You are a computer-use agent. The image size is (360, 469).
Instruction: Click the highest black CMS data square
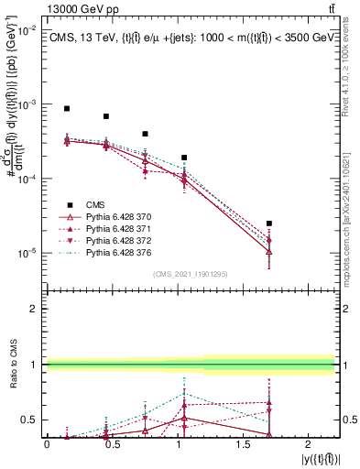pos(67,108)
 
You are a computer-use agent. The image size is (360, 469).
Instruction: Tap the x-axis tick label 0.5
pos(112,443)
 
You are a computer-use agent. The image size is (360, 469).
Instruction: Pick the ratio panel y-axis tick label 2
pos(35,309)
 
